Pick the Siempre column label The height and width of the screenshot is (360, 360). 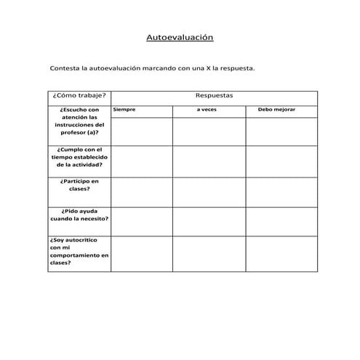click(124, 110)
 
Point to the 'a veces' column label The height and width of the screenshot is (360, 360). click(207, 110)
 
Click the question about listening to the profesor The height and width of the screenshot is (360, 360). click(79, 121)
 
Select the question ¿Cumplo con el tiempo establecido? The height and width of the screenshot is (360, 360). click(79, 157)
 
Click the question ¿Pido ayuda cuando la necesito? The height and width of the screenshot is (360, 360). click(79, 215)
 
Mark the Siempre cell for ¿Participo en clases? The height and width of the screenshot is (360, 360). click(141, 191)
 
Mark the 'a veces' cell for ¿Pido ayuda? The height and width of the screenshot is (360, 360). click(208, 221)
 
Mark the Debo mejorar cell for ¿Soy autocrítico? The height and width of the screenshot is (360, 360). click(281, 254)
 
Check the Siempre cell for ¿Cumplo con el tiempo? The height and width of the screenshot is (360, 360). click(141, 161)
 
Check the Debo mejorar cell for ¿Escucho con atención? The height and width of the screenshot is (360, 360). click(281, 131)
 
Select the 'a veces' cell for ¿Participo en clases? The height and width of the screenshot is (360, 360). click(208, 191)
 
